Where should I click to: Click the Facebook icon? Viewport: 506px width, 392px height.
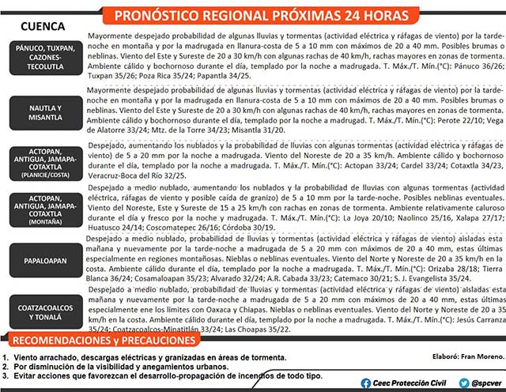tap(365, 383)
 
